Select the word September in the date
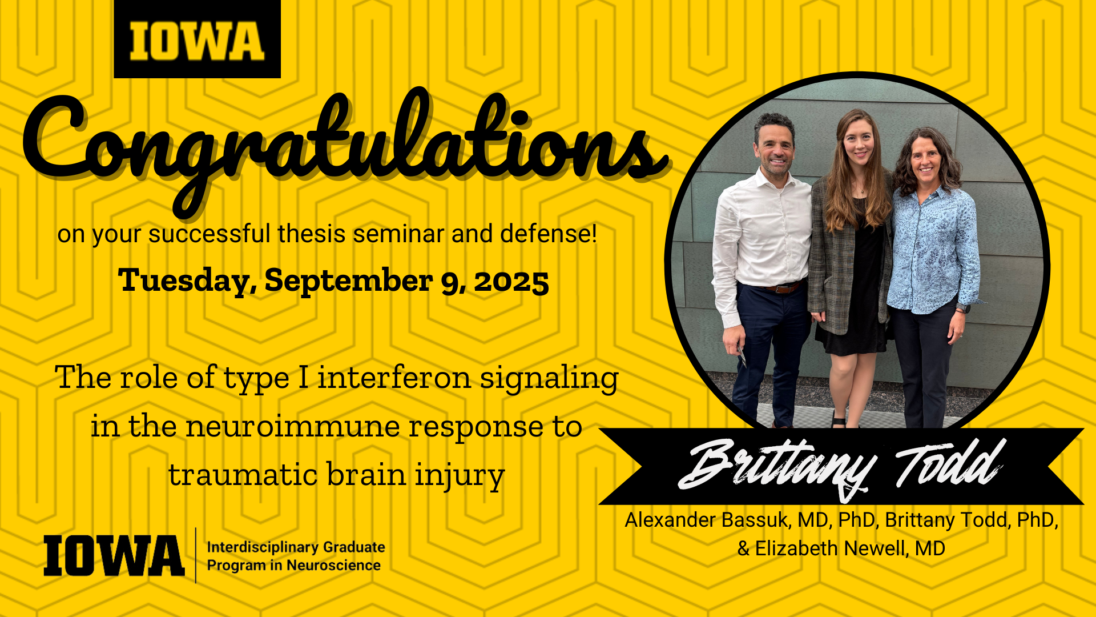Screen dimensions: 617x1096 pos(348,281)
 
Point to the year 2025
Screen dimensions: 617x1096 pos(511,282)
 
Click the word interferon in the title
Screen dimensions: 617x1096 pos(394,378)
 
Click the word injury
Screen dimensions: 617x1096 pos(460,476)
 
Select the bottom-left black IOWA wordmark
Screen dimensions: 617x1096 pos(114,555)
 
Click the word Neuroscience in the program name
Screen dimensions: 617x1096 pos(333,566)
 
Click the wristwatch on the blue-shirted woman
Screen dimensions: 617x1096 pos(962,308)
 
